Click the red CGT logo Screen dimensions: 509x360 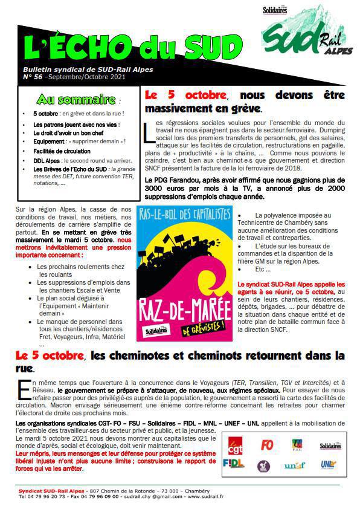click(x=236, y=446)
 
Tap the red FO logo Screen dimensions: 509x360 click(x=266, y=446)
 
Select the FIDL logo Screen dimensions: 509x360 click(x=234, y=464)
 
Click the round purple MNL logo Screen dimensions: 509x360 click(x=263, y=465)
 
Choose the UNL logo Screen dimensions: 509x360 click(x=328, y=464)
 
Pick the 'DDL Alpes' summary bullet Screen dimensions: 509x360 click(x=46, y=161)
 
